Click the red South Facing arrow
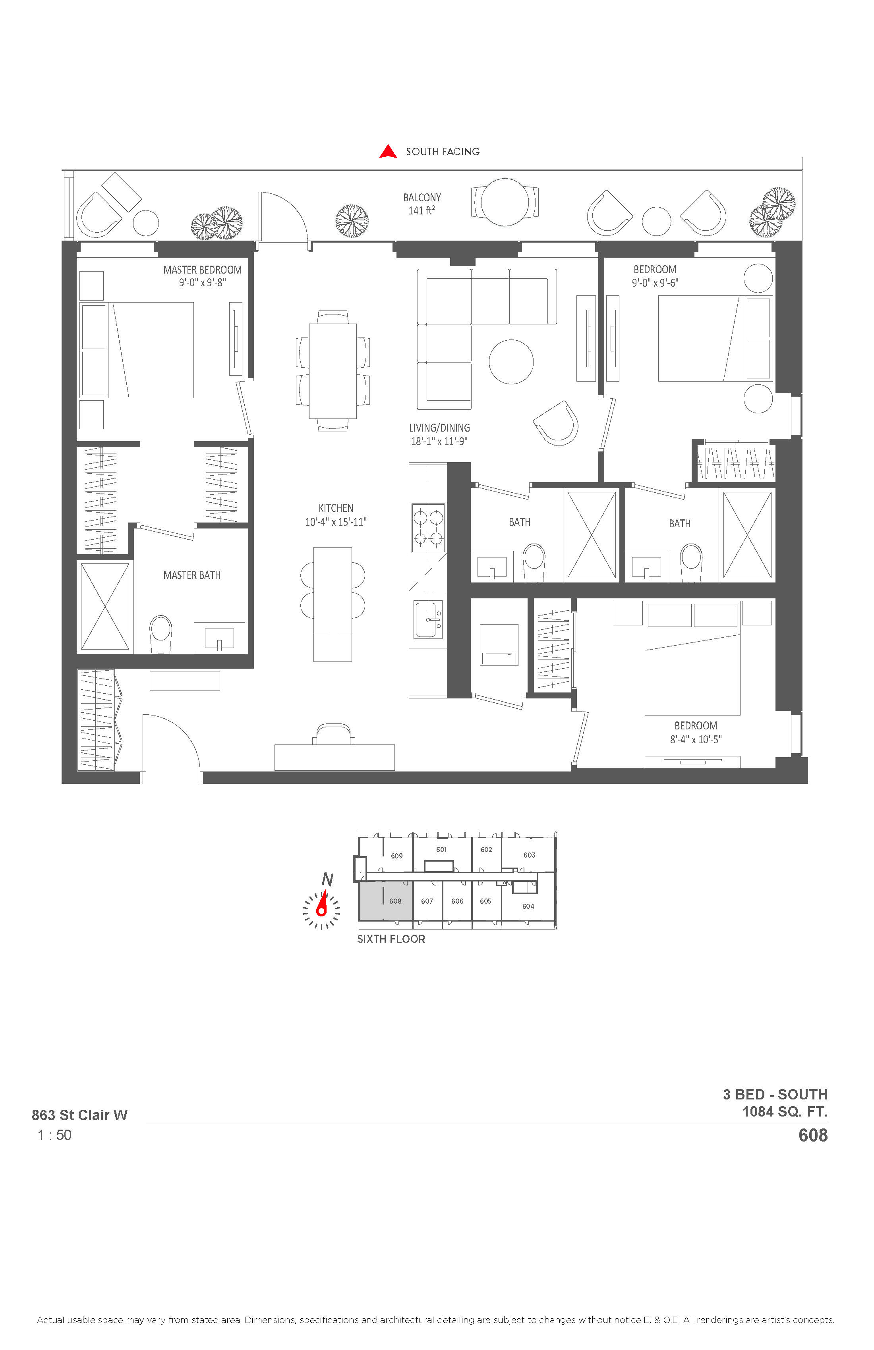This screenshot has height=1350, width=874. pyautogui.click(x=388, y=151)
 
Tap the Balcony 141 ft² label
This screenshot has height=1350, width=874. pyautogui.click(x=422, y=204)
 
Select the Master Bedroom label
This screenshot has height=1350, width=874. pyautogui.click(x=203, y=270)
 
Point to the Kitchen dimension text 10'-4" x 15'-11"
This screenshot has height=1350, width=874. pyautogui.click(x=336, y=522)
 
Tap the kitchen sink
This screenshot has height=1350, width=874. pyautogui.click(x=428, y=619)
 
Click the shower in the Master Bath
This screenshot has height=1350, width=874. pyautogui.click(x=105, y=606)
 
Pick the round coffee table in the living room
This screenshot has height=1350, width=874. pyautogui.click(x=511, y=362)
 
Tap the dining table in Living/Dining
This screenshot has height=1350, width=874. pyautogui.click(x=333, y=371)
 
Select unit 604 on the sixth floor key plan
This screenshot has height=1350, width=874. pyautogui.click(x=528, y=906)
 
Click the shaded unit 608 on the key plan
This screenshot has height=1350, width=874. pyautogui.click(x=385, y=901)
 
